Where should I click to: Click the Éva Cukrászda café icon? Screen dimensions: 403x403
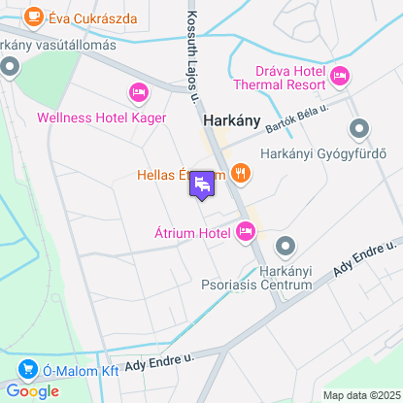click(34, 16)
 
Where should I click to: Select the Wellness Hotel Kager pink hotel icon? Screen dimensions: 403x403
click(138, 93)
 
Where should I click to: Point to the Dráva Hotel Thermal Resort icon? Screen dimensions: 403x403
click(340, 76)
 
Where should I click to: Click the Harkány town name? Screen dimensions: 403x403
click(232, 121)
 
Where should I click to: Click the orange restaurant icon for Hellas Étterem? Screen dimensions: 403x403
click(241, 175)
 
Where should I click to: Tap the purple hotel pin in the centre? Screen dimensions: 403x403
click(202, 184)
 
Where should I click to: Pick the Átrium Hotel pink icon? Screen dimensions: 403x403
click(245, 231)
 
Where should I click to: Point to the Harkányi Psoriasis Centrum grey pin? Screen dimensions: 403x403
click(285, 247)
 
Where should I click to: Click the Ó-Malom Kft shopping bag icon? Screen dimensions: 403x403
click(26, 369)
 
